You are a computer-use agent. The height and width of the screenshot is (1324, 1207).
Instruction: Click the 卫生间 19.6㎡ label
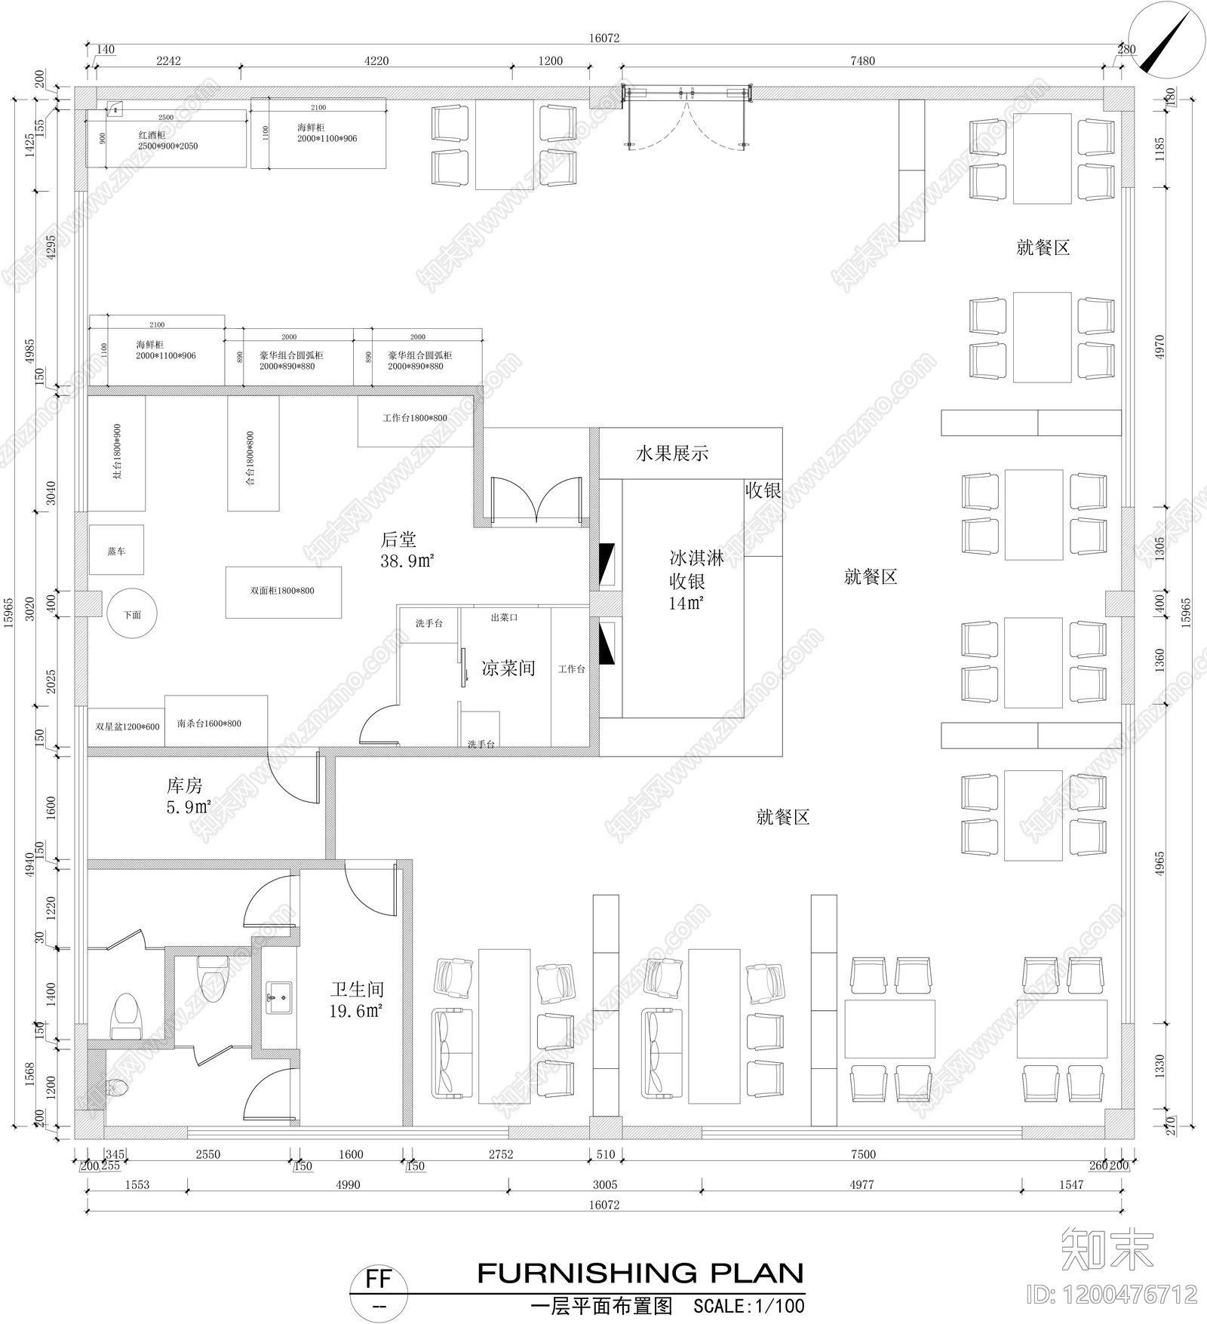pos(357,1000)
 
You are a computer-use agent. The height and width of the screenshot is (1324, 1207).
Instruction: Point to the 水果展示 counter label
pos(672,453)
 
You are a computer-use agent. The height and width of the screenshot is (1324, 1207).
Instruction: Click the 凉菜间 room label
pos(508,668)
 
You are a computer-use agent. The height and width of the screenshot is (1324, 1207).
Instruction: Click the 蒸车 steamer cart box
pos(116,551)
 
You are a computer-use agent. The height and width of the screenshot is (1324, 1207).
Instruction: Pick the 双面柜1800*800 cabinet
pos(283,591)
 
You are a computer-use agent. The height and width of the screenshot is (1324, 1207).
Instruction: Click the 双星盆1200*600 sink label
pos(127,727)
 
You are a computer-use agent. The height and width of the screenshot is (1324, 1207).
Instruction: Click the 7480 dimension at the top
pos(862,61)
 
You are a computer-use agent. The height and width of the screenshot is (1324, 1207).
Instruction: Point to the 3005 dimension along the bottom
pos(604,1184)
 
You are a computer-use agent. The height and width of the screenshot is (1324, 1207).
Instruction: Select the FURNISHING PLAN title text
pos(640,1273)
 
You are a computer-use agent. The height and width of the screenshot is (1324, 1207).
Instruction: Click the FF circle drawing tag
pos(379,1280)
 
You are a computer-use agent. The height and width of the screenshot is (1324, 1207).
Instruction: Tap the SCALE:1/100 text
pos(748,1306)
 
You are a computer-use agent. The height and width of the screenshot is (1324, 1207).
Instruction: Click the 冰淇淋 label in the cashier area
pos(696,558)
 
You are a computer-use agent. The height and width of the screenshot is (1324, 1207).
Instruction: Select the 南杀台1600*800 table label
pos(209,723)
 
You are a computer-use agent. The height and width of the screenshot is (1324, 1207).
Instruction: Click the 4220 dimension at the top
pos(376,61)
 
